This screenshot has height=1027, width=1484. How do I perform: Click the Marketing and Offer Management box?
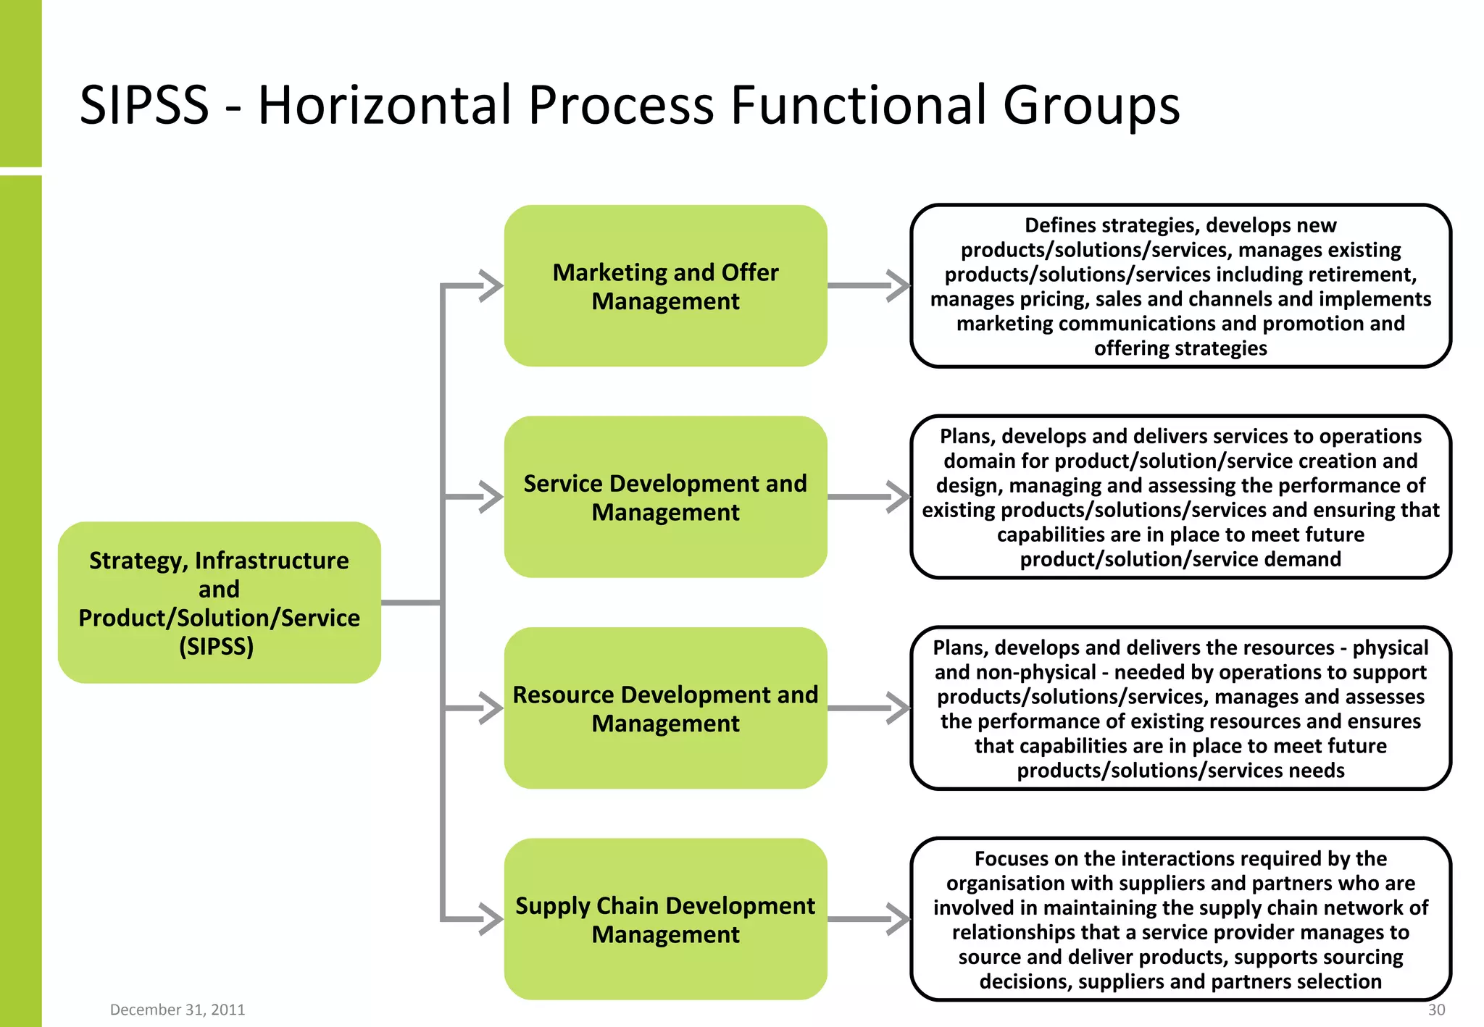pos(665,285)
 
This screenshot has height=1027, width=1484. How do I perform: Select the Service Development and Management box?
pos(665,497)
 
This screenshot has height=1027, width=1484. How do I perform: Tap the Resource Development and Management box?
pos(665,708)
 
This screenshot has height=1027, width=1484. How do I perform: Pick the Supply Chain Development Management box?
pos(665,919)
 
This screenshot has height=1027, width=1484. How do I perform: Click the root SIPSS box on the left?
pos(219,603)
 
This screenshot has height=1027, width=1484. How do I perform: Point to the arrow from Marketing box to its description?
pos(868,285)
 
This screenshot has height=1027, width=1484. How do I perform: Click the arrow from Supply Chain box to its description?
pos(868,919)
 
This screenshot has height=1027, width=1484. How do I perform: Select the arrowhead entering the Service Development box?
pos(492,497)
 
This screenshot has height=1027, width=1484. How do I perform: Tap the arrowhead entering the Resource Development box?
pos(492,708)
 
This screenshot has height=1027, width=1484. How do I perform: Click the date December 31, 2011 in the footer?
pos(178,1010)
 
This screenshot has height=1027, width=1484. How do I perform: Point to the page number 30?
pos(1436,1010)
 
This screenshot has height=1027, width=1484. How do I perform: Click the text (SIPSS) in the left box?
pos(216,646)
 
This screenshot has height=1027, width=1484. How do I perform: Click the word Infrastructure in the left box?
pos(272,561)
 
